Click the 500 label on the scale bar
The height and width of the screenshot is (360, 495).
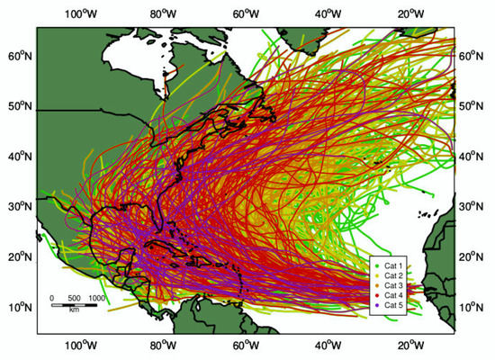(74, 297)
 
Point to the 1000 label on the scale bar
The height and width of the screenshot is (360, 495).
(96, 297)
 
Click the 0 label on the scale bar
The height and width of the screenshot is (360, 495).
(52, 297)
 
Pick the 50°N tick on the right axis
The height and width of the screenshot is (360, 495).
(473, 106)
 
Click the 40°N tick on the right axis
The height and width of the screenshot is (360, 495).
(473, 157)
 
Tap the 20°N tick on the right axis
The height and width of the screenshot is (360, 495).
(473, 257)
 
